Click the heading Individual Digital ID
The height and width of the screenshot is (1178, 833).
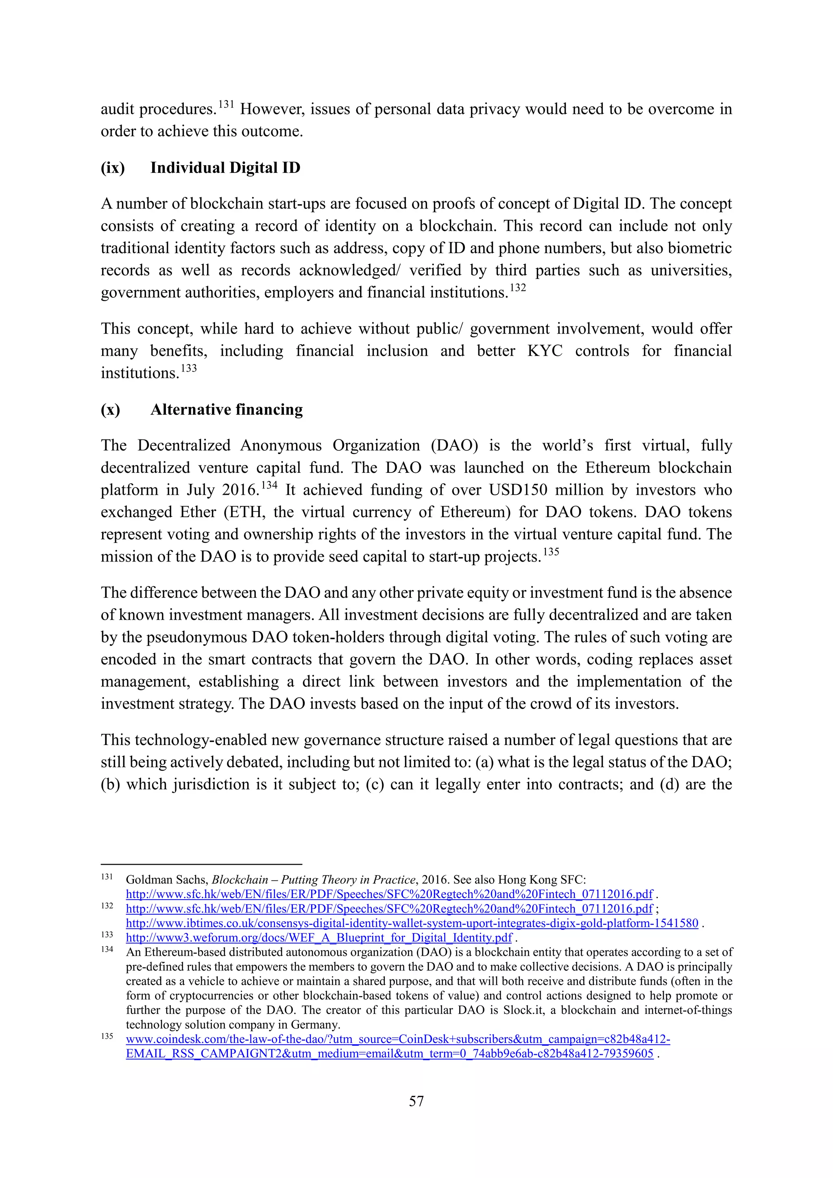click(225, 168)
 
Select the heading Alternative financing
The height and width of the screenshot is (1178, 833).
click(226, 409)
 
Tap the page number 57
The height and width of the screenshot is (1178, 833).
click(416, 1101)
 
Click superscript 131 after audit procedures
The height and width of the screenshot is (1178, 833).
click(226, 105)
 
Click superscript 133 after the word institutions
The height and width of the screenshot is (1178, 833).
click(189, 368)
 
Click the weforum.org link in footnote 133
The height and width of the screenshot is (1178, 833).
click(318, 938)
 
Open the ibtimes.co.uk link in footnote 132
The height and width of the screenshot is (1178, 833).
click(412, 923)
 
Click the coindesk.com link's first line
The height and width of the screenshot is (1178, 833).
click(397, 1039)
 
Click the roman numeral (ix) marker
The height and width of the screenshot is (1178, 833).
click(112, 168)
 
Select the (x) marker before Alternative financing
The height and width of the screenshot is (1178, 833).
click(110, 409)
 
